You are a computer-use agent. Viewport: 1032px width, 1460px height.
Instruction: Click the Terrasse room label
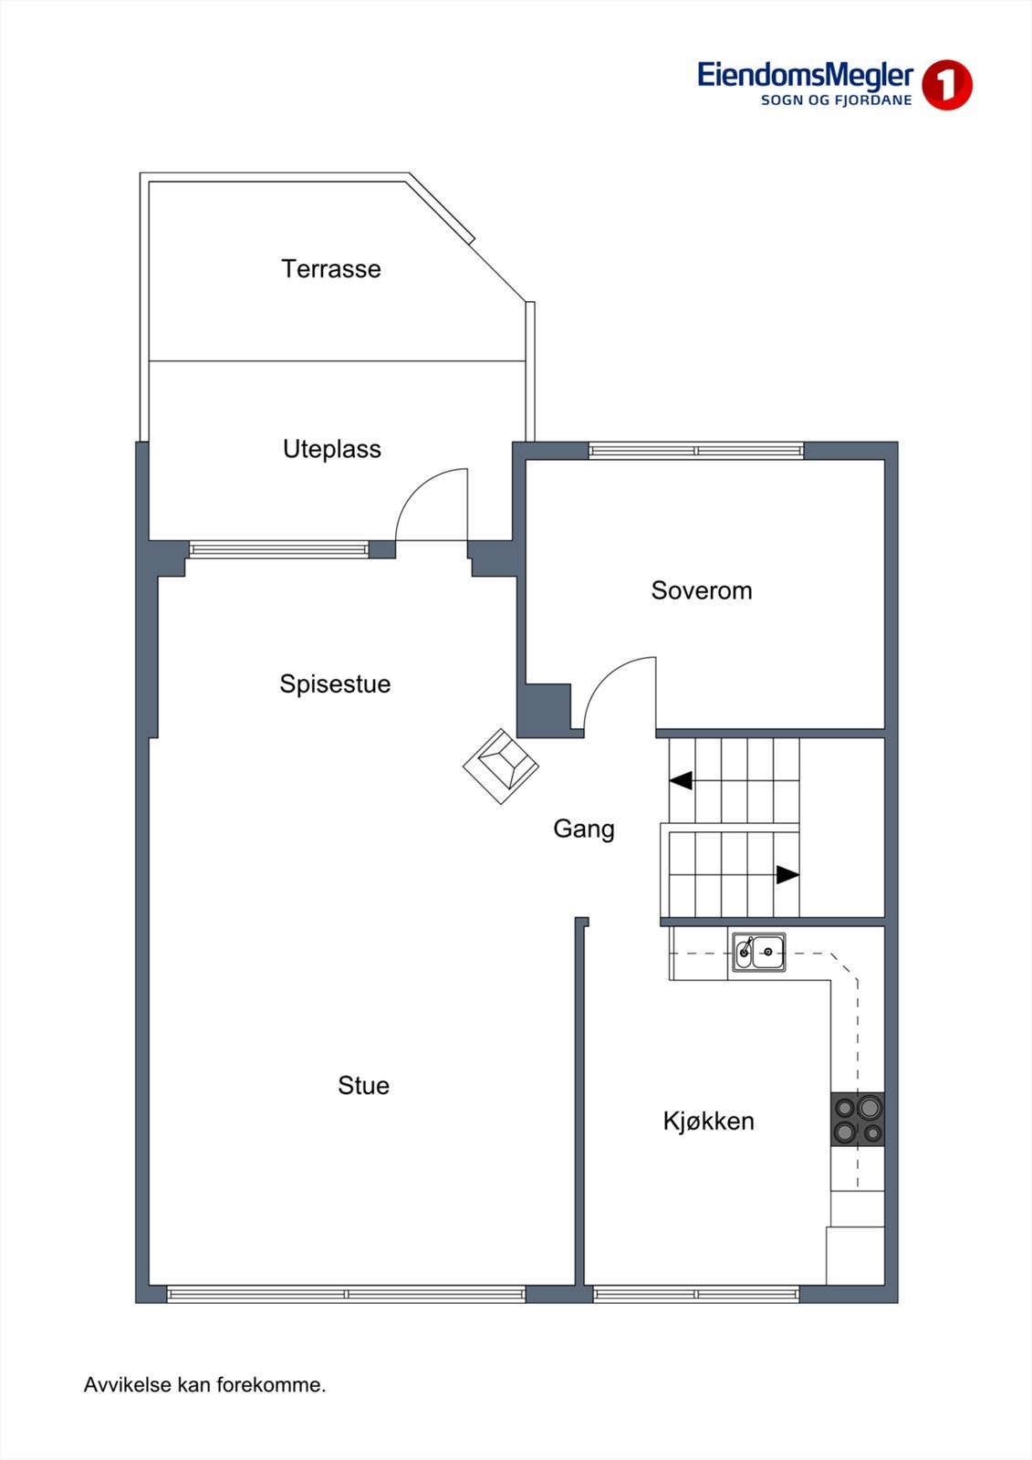point(330,269)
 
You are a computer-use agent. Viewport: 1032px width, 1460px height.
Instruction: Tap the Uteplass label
point(331,449)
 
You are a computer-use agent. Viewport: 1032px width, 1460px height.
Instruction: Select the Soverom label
point(701,590)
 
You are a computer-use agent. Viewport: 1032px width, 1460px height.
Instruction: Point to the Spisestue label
point(335,684)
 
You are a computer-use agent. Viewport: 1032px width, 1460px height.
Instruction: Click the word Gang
point(583,829)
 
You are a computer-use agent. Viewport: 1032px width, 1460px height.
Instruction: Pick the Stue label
point(363,1085)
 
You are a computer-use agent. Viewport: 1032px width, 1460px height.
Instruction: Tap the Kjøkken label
point(708,1121)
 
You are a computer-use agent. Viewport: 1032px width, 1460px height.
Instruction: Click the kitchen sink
point(758,953)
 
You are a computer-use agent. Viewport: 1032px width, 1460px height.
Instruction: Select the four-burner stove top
point(857,1120)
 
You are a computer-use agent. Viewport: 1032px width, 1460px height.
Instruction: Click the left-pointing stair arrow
point(681,780)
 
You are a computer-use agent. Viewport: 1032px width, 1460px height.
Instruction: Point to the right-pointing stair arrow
point(787,875)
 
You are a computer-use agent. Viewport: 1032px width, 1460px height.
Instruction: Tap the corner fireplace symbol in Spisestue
point(501,766)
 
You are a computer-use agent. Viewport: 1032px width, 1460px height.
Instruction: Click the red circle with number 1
point(946,86)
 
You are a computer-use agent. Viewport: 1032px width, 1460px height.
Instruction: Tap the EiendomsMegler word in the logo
point(805,76)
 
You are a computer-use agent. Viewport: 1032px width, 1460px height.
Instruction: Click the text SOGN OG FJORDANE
point(836,100)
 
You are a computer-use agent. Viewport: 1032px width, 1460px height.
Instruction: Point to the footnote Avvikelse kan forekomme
point(204,1385)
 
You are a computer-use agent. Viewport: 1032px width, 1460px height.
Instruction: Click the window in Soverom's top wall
point(695,451)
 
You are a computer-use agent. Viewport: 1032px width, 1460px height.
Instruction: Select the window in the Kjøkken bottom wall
point(695,1294)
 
